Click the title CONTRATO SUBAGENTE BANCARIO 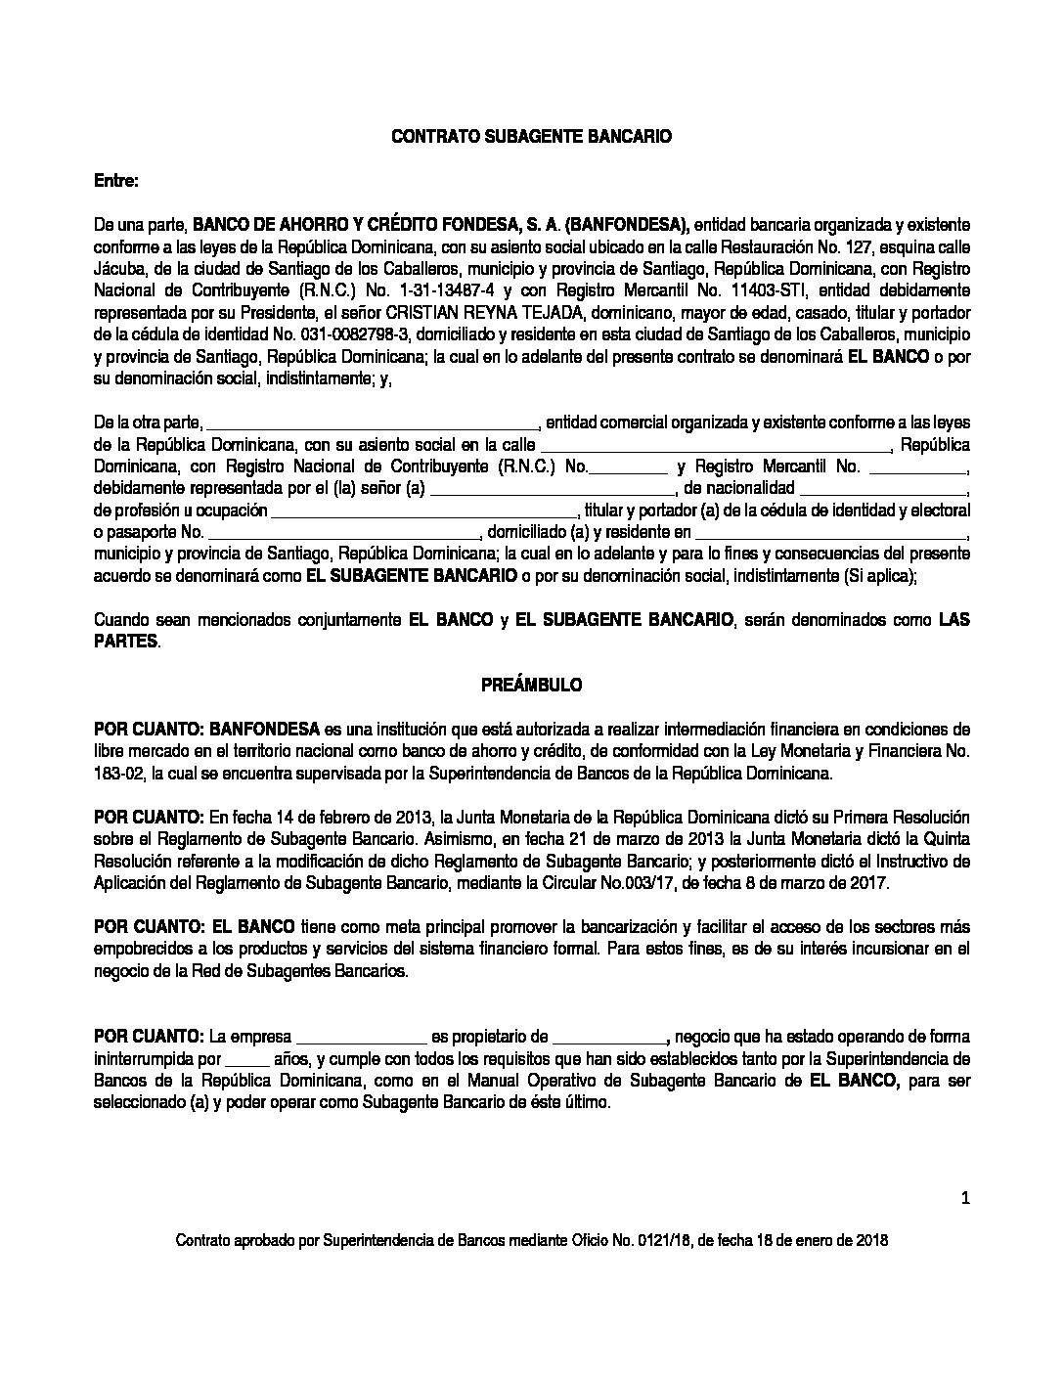click(531, 138)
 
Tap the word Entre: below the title click(116, 181)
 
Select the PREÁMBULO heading click(531, 686)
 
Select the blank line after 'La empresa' click(361, 1039)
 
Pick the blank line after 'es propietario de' click(608, 1039)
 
